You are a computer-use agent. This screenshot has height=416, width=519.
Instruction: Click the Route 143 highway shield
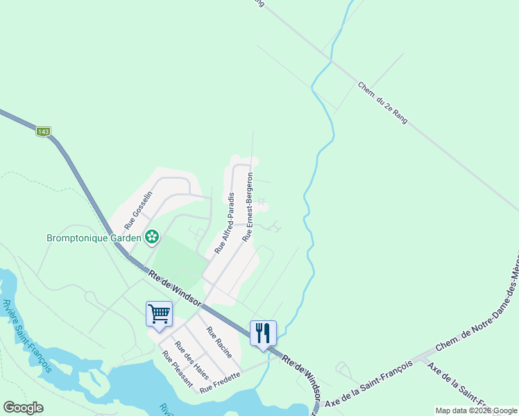click(x=44, y=131)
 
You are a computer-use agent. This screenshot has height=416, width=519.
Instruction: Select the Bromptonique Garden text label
click(x=94, y=238)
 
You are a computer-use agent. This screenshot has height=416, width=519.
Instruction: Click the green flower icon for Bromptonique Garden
click(x=151, y=238)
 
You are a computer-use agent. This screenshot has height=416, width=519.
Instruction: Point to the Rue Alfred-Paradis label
click(x=224, y=223)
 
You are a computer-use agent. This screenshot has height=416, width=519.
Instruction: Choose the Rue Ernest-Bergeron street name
click(x=248, y=207)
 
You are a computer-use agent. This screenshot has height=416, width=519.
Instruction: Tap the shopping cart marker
click(x=159, y=313)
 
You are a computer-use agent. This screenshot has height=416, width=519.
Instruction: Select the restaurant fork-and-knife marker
click(x=263, y=333)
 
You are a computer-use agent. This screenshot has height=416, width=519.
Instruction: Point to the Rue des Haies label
click(x=192, y=356)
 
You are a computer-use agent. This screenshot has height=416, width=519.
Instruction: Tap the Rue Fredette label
click(x=220, y=383)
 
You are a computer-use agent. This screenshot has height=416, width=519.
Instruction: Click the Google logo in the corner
click(x=23, y=408)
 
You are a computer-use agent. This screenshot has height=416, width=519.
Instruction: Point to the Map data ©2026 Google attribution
click(x=476, y=410)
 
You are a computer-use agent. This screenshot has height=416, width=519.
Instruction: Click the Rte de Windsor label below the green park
click(x=174, y=286)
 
